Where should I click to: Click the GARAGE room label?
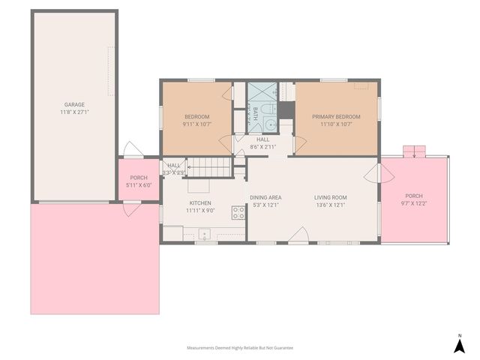tap(73, 105)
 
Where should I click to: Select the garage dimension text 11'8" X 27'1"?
tap(73, 112)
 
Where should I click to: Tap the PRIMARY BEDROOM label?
tap(336, 116)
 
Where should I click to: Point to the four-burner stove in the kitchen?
tap(238, 213)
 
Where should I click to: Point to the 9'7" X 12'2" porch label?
tap(414, 202)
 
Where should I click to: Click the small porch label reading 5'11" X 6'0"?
tap(139, 184)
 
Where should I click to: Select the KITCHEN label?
tap(199, 203)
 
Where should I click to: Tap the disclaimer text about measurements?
tap(239, 348)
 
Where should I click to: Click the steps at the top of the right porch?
tap(415, 151)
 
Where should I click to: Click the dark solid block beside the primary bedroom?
tap(286, 110)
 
